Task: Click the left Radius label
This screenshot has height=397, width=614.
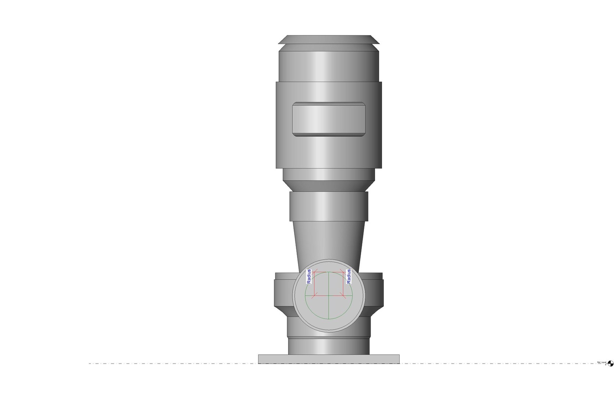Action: (x=309, y=276)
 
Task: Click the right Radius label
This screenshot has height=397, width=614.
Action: (x=349, y=276)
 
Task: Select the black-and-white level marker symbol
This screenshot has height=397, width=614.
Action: (x=611, y=364)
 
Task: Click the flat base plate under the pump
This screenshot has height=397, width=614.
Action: (x=329, y=359)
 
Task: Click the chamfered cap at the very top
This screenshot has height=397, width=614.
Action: (x=329, y=39)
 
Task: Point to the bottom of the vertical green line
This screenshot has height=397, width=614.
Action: (x=328, y=319)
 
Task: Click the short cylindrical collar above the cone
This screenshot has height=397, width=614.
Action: (x=329, y=206)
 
